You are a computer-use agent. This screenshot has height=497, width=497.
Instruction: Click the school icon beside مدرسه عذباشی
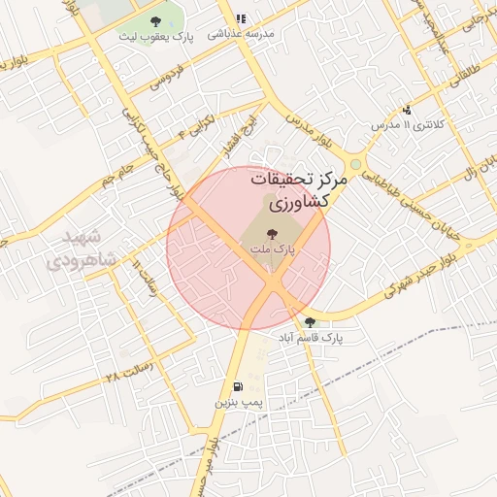[241, 17]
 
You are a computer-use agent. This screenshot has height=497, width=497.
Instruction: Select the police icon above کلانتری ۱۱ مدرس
[407, 110]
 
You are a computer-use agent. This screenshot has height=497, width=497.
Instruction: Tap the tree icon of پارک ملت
[271, 233]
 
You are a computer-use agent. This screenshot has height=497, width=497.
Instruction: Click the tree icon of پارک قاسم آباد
[310, 322]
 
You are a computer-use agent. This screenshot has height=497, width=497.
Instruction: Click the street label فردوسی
[167, 77]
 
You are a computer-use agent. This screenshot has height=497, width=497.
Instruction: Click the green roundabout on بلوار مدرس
[356, 165]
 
